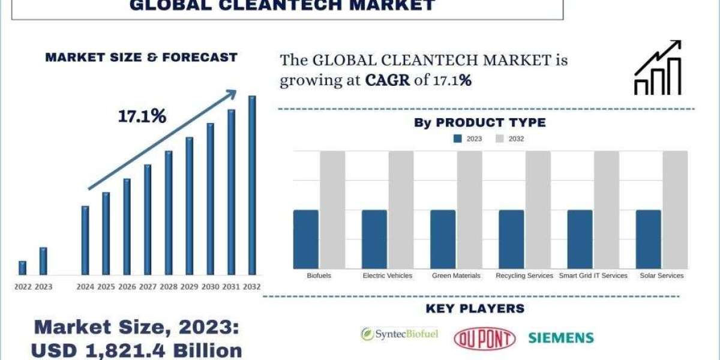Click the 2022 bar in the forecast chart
click(23, 268)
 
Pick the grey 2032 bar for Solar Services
click(675, 210)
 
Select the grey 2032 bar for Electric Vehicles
click(401, 210)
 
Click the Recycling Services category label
click(524, 275)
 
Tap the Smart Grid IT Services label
click(593, 275)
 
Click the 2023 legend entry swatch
click(458, 139)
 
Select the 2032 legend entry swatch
click(500, 139)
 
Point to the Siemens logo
click(561, 338)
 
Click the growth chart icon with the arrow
click(658, 67)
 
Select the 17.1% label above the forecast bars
click(142, 116)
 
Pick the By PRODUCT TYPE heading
click(480, 122)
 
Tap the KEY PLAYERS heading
click(475, 308)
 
